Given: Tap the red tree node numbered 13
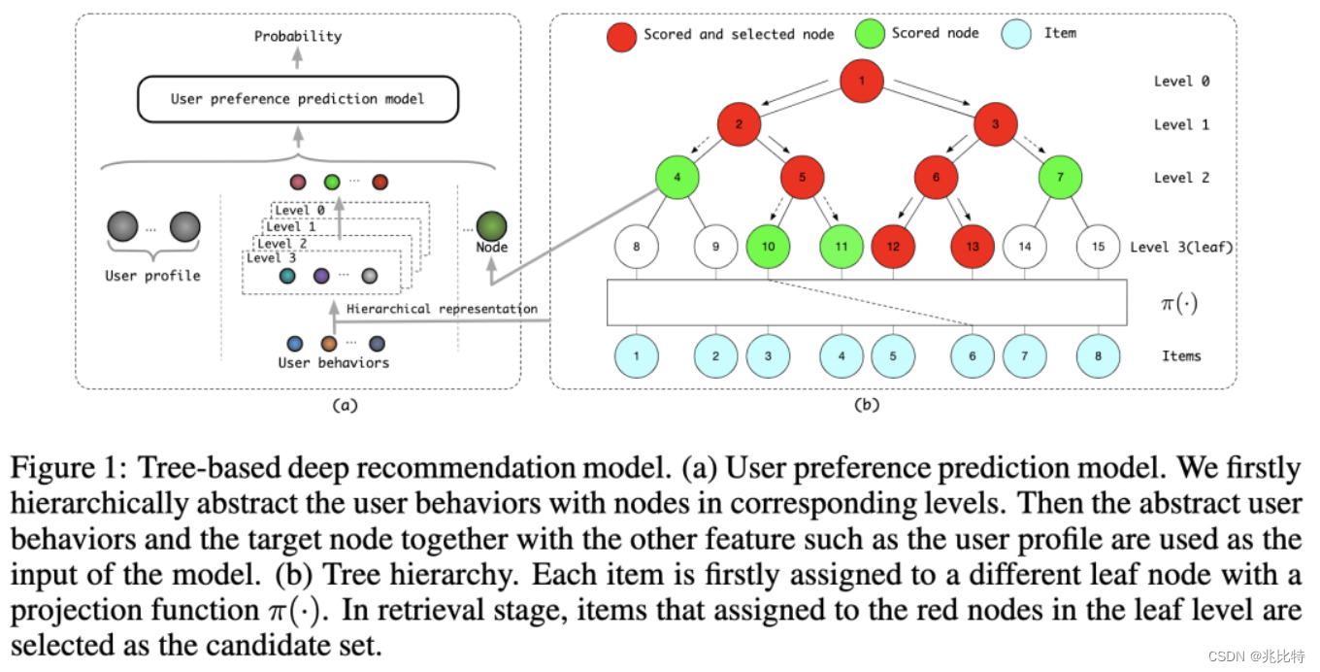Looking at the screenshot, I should point(973,247).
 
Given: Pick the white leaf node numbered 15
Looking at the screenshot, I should point(1098,247).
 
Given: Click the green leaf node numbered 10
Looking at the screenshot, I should point(768,247).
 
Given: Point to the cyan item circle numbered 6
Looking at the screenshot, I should point(973,356).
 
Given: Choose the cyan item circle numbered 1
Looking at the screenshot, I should point(636,356).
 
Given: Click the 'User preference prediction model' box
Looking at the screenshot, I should point(297,99).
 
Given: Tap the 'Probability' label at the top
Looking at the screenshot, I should point(298,36).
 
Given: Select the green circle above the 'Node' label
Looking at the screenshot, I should point(491,226).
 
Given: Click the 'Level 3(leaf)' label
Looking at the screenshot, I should point(1181,247).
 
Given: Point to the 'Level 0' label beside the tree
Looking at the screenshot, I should point(1181,81).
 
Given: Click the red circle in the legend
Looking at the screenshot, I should point(621,36).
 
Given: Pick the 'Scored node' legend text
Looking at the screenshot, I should point(935,33).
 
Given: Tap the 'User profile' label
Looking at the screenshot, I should point(152,276).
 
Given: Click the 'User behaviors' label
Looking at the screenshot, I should point(333,363).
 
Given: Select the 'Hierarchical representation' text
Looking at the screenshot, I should point(442,309).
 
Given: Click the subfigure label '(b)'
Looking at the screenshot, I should point(866,406).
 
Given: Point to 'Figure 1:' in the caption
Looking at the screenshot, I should point(70,469).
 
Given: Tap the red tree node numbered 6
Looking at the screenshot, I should point(936,178).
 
